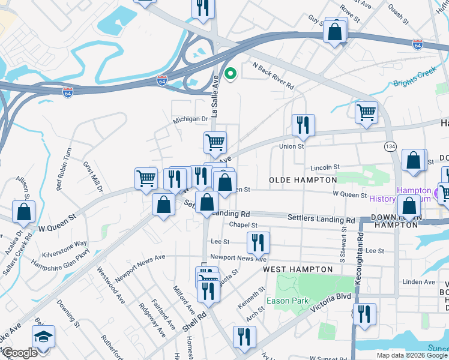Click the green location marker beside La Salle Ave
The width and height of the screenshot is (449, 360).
coord(230,74)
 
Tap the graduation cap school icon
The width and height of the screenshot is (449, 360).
coord(43,337)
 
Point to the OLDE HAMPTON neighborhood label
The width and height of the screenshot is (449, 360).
coord(303,180)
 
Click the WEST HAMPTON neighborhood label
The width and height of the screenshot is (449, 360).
coord(298,270)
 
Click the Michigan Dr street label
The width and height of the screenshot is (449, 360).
coord(190,119)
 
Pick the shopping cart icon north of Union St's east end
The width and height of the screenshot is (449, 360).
coord(366,112)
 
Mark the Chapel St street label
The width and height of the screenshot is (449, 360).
coord(243,226)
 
